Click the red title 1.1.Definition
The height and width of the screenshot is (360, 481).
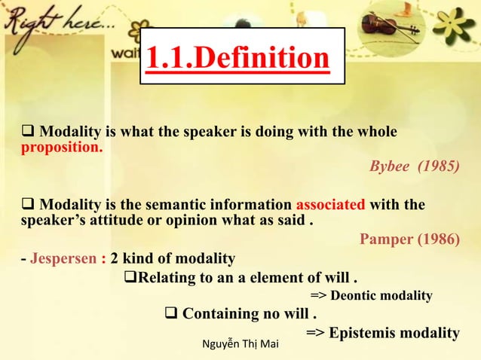[237, 58]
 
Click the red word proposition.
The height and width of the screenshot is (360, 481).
[62, 147]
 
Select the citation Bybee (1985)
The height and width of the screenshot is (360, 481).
[413, 166]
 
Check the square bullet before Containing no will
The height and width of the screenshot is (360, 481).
[171, 314]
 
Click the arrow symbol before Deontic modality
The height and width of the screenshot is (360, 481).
[320, 296]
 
